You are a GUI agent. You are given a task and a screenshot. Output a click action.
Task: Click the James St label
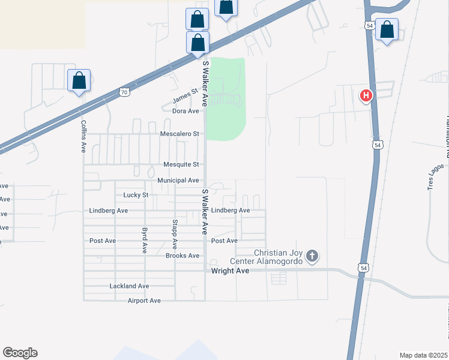point(185,95)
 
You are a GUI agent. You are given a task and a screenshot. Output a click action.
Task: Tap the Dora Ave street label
point(185,111)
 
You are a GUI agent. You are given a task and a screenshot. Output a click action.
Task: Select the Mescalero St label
point(179,134)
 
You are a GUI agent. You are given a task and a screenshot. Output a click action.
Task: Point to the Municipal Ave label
point(178,180)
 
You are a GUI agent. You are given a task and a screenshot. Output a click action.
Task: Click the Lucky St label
point(136,195)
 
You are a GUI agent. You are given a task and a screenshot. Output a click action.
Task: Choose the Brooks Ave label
point(182,256)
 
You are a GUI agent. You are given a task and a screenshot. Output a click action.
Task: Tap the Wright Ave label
point(230,271)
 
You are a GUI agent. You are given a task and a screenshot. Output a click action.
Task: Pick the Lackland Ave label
point(129,286)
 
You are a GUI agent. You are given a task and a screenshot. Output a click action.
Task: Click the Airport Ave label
point(144,301)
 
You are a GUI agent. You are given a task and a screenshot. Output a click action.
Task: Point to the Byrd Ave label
point(145,240)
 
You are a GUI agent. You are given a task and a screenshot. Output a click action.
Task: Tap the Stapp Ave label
point(175,235)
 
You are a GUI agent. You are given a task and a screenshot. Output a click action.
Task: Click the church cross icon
point(312,257)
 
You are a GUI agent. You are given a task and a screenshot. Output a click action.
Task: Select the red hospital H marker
point(366,95)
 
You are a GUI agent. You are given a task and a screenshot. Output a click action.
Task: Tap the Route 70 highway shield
point(124,92)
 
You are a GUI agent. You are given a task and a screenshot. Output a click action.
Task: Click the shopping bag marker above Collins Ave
point(79,80)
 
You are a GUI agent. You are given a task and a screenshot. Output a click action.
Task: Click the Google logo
point(20,353)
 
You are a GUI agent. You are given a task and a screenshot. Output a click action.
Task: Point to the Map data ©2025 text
point(423,355)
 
